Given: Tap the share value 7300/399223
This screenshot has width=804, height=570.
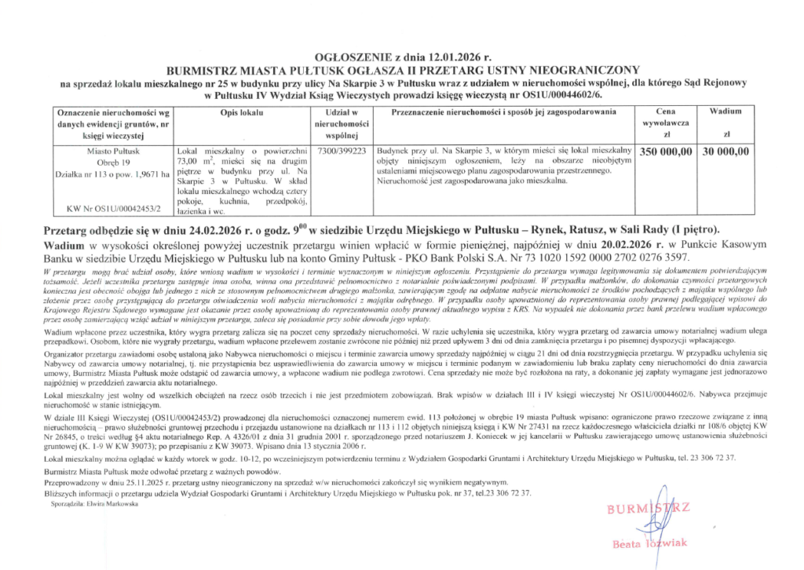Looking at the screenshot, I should (x=341, y=150).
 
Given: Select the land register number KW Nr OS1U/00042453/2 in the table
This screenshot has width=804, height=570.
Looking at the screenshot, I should (x=109, y=209).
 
